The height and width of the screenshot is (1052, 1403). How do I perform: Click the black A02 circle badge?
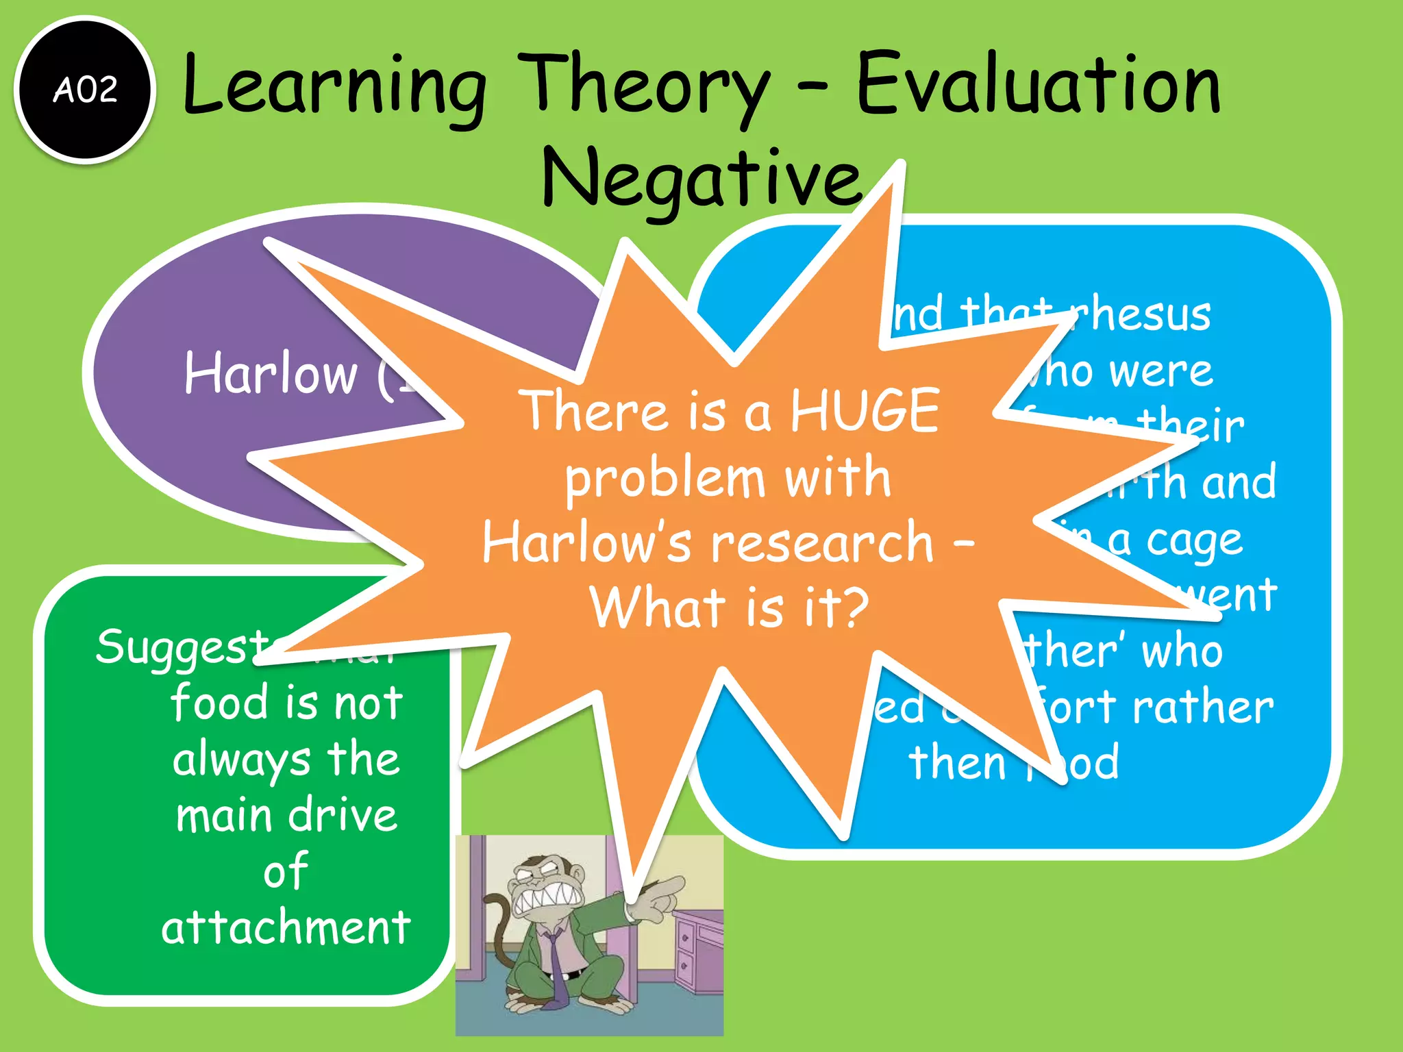coord(85,90)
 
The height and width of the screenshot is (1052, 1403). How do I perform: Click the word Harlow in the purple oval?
coord(271,374)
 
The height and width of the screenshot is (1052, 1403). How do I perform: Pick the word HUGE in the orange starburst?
coord(865,411)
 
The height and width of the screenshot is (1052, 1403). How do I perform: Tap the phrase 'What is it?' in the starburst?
coord(729,608)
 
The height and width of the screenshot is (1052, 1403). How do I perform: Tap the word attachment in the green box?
coord(286,928)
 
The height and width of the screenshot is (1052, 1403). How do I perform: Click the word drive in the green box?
coord(343,816)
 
